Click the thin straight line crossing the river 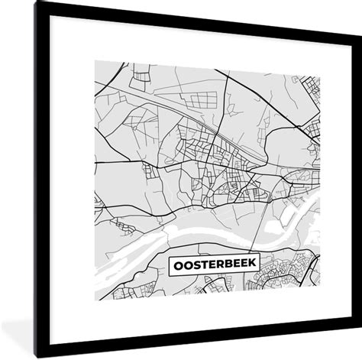click(x=263, y=222)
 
